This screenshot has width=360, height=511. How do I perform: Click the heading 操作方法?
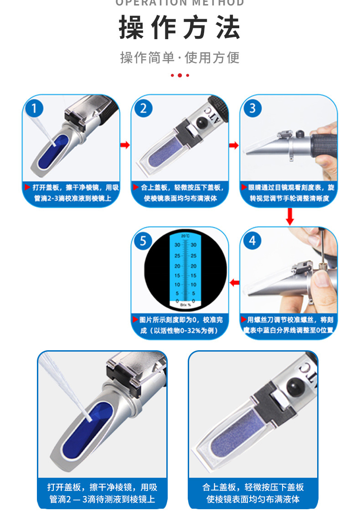[x=180, y=28]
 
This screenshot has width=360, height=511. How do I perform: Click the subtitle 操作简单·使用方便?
[x=180, y=58]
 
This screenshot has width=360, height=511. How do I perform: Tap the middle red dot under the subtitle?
[x=180, y=75]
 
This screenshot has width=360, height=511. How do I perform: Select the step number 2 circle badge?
[x=144, y=108]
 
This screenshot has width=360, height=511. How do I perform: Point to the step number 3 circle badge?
[x=252, y=108]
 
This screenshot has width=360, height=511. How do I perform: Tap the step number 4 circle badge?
[x=252, y=240]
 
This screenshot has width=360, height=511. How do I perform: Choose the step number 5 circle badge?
[x=144, y=240]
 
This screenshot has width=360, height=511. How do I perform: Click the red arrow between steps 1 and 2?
[x=125, y=145]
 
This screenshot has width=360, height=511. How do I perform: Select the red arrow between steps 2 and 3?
[x=234, y=145]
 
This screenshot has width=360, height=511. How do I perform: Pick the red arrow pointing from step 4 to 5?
[x=234, y=283]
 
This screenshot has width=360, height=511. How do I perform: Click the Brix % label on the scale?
[x=185, y=304]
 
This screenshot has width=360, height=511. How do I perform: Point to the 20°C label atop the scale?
[x=185, y=236]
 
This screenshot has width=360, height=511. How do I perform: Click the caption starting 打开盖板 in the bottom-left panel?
[x=102, y=493]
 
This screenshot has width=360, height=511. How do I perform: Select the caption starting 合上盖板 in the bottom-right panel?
[x=253, y=493]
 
